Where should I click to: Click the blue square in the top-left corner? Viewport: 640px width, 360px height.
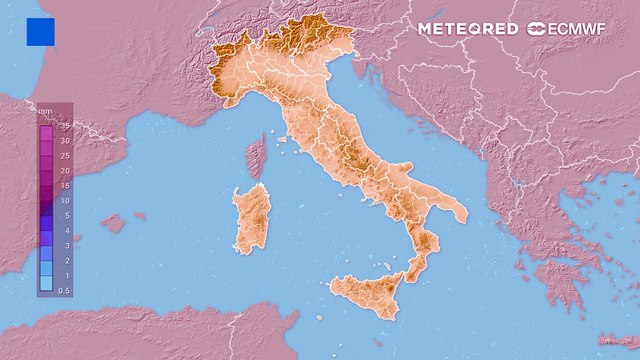tap(41, 32)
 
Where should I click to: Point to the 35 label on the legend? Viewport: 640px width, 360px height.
tap(64, 126)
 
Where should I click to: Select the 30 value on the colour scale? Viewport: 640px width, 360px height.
tap(64, 141)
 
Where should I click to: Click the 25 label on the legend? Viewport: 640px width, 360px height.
tap(64, 156)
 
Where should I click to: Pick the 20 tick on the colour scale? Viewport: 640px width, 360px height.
tap(64, 171)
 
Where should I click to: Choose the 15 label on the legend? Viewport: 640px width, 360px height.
tap(64, 185)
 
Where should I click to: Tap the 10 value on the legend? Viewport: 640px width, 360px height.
tap(64, 200)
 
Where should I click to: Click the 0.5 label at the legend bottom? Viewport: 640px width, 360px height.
tap(63, 289)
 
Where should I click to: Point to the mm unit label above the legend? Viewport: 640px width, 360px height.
tap(44, 112)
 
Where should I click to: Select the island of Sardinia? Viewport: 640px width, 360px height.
tap(253, 220)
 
